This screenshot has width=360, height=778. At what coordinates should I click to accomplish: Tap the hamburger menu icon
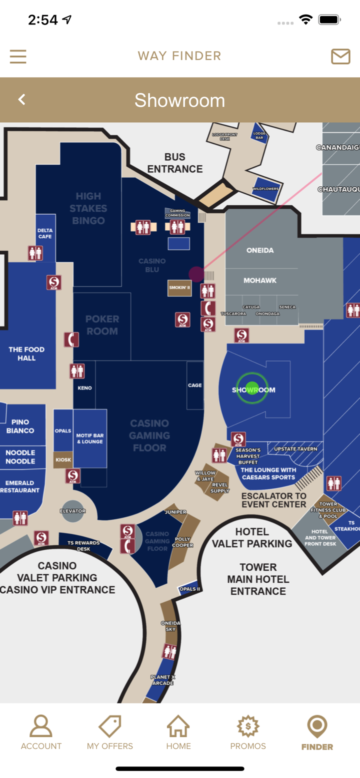[18, 56]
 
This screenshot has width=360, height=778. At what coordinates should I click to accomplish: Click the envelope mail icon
[340, 56]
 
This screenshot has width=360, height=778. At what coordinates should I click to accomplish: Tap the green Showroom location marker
[252, 389]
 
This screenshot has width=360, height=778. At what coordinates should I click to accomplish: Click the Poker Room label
[102, 325]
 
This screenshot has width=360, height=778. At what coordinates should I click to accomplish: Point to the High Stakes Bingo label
[88, 208]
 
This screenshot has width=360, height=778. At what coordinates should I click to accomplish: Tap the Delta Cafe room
[45, 233]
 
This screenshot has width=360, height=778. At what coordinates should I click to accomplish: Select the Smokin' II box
[179, 288]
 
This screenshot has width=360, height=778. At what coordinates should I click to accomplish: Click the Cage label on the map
[195, 385]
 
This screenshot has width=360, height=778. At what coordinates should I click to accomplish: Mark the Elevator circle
[73, 511]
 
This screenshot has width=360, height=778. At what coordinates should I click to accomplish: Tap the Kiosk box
[63, 459]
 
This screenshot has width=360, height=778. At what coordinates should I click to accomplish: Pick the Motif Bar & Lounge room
[90, 438]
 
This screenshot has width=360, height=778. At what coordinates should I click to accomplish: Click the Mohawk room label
[260, 281]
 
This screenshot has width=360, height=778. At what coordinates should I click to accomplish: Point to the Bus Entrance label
[175, 163]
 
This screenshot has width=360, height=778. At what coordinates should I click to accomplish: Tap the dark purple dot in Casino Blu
[196, 274]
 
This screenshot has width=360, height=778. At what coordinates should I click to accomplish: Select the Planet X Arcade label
[162, 680]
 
